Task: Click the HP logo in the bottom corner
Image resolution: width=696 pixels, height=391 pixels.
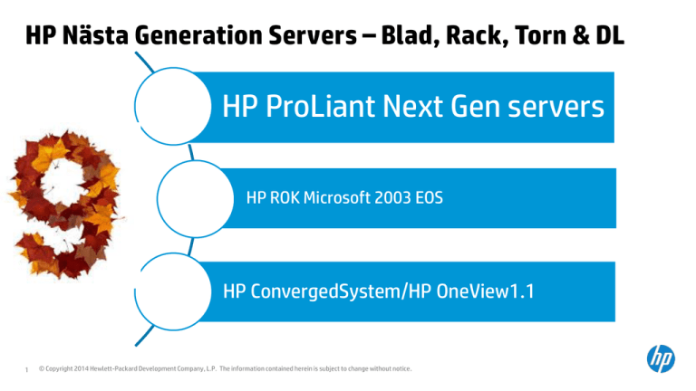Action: pos(659,360)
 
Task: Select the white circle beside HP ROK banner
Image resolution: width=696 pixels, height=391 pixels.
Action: pos(192,195)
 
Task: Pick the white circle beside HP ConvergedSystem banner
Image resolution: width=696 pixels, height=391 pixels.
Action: pos(171,291)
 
